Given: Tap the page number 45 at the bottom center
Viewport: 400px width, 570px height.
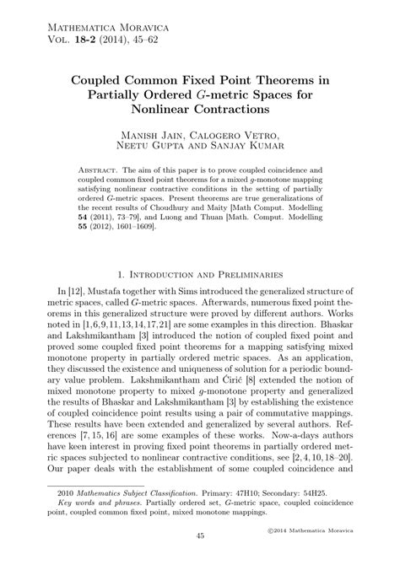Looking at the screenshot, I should (x=200, y=560).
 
